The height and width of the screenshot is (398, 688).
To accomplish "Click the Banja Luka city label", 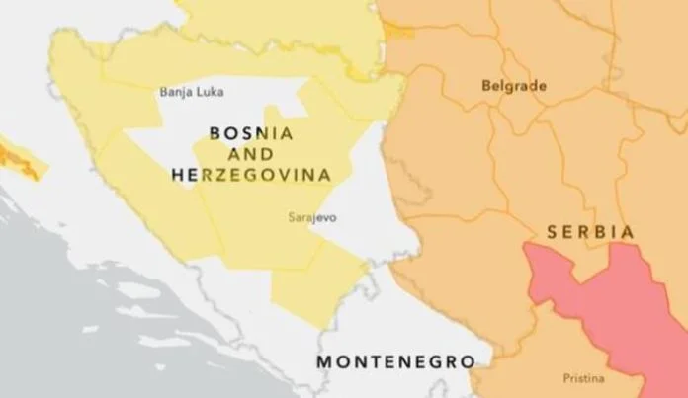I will click(192, 93).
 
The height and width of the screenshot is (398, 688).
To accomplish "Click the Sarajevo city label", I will click(308, 217).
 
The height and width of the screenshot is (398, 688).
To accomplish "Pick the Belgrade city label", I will click(513, 86).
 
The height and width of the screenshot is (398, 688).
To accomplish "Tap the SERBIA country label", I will click(589, 230).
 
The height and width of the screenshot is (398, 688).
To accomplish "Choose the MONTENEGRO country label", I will click(395, 361).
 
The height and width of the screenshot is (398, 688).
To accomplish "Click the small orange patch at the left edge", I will click(20, 161).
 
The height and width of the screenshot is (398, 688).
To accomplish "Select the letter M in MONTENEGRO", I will click(324, 361).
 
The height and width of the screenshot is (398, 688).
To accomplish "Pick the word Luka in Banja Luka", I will click(210, 93).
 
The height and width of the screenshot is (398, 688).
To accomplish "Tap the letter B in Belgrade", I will click(485, 86).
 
